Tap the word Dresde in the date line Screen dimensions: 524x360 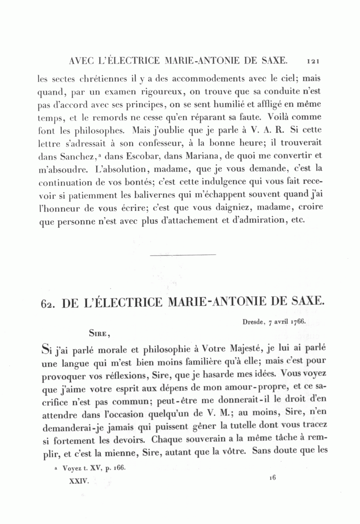pyautogui.click(x=253, y=321)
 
